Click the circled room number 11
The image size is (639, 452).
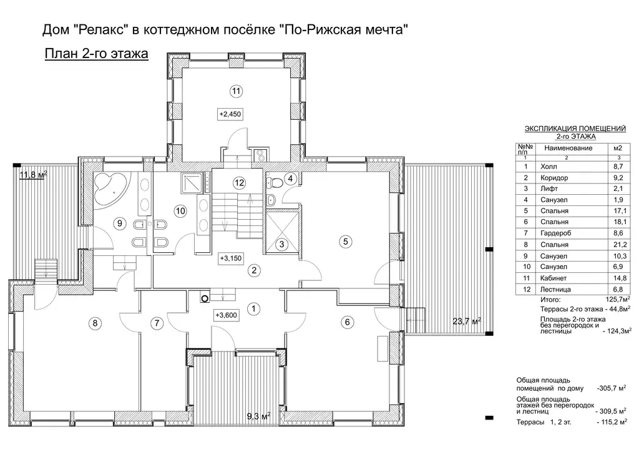(x=236, y=91)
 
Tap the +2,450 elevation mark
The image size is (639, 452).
(x=230, y=114)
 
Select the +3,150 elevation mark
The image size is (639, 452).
(x=231, y=258)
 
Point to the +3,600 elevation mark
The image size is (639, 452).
(x=226, y=315)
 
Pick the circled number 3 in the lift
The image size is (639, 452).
(x=281, y=245)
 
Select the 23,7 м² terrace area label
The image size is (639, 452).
(x=467, y=322)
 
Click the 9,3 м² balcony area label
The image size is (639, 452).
(x=259, y=416)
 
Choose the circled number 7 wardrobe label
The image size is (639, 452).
(x=157, y=323)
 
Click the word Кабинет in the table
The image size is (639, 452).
(x=554, y=278)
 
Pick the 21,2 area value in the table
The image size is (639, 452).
(x=620, y=245)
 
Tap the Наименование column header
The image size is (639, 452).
(x=568, y=148)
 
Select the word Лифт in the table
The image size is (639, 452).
(x=549, y=189)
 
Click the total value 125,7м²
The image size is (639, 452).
(x=618, y=300)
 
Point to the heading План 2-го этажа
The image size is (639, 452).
(x=96, y=54)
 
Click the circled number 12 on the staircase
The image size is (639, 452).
(x=239, y=182)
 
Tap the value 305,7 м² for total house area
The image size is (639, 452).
(x=612, y=388)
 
